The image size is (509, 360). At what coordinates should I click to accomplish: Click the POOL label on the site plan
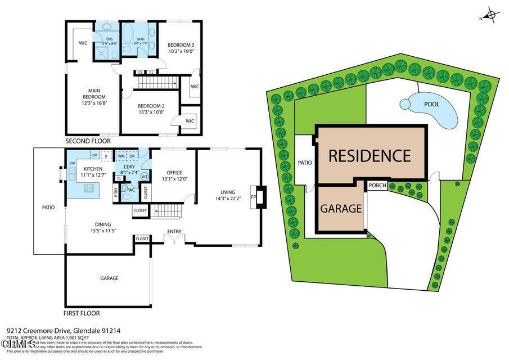point(431,105)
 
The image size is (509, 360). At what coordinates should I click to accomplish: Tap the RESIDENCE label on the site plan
point(370,155)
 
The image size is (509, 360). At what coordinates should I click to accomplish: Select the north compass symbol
point(490,15)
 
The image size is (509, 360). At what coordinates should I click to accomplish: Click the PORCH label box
point(377,186)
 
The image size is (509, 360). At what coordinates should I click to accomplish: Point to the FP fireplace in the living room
point(254,197)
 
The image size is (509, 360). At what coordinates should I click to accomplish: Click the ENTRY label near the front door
point(174,232)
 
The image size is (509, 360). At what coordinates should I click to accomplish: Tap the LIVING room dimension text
point(227,198)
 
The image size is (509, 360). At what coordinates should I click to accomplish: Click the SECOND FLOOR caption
point(88,141)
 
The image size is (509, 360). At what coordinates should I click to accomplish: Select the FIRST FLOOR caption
point(82,313)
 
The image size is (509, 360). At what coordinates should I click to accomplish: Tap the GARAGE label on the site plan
point(341,209)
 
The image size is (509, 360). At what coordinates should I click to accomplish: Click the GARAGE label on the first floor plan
point(109,278)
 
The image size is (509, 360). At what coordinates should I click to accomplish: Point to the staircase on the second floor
point(157,83)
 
